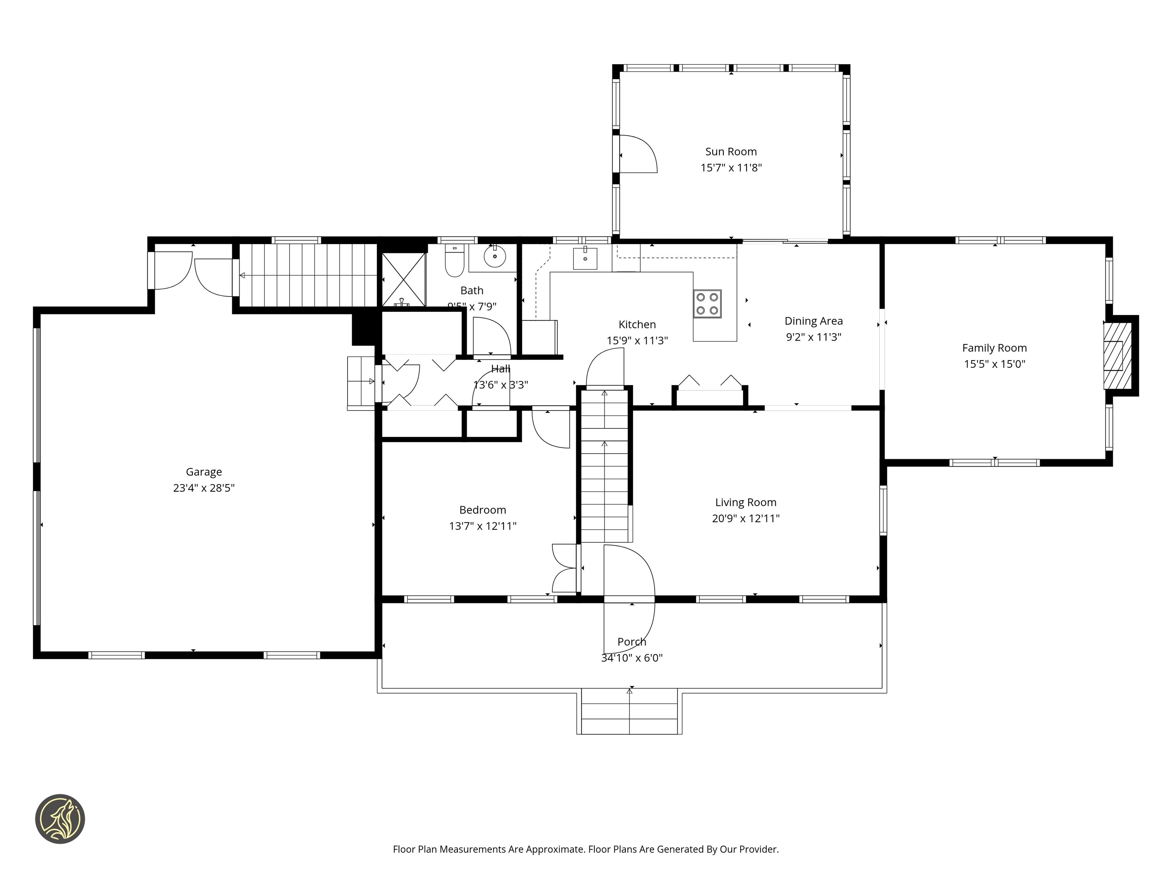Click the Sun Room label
pos(731,151)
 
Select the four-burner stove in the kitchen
pos(707,304)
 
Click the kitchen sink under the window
pos(585,259)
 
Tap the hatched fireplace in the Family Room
pos(1117,355)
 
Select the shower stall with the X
pos(404,279)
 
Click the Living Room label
pos(745,502)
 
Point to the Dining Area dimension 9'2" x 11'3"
pos(813,337)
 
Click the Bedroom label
pos(482,510)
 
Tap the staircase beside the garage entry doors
pos(307,275)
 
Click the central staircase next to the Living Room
pos(604,466)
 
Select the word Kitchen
pos(637,324)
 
